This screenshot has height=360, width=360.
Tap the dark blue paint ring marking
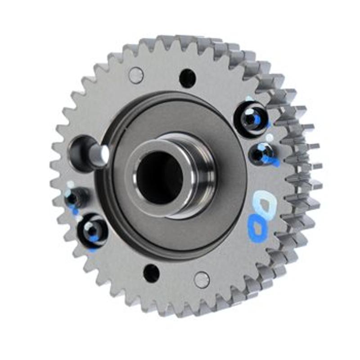click(258, 228)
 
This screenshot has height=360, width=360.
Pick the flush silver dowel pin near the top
click(136, 75)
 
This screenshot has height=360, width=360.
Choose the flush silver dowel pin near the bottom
click(202, 279)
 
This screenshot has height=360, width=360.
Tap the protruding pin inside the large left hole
click(98, 154)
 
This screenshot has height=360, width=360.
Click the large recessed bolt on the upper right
click(251, 118)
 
